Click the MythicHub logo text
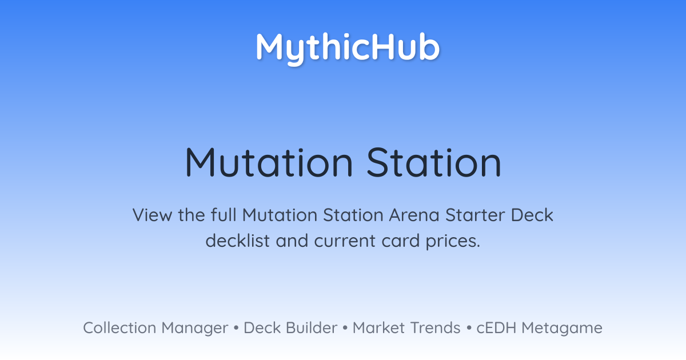tap(348, 49)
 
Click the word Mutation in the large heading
tap(269, 162)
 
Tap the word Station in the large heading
tap(434, 162)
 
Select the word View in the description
tap(152, 215)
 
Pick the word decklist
tap(238, 241)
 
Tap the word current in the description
tap(345, 241)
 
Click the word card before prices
tap(401, 241)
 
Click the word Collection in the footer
tap(119, 328)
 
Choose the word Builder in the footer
tap(312, 328)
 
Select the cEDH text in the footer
tap(496, 328)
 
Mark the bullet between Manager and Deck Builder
tap(236, 328)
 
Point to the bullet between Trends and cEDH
tap(469, 328)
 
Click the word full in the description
tap(224, 215)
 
